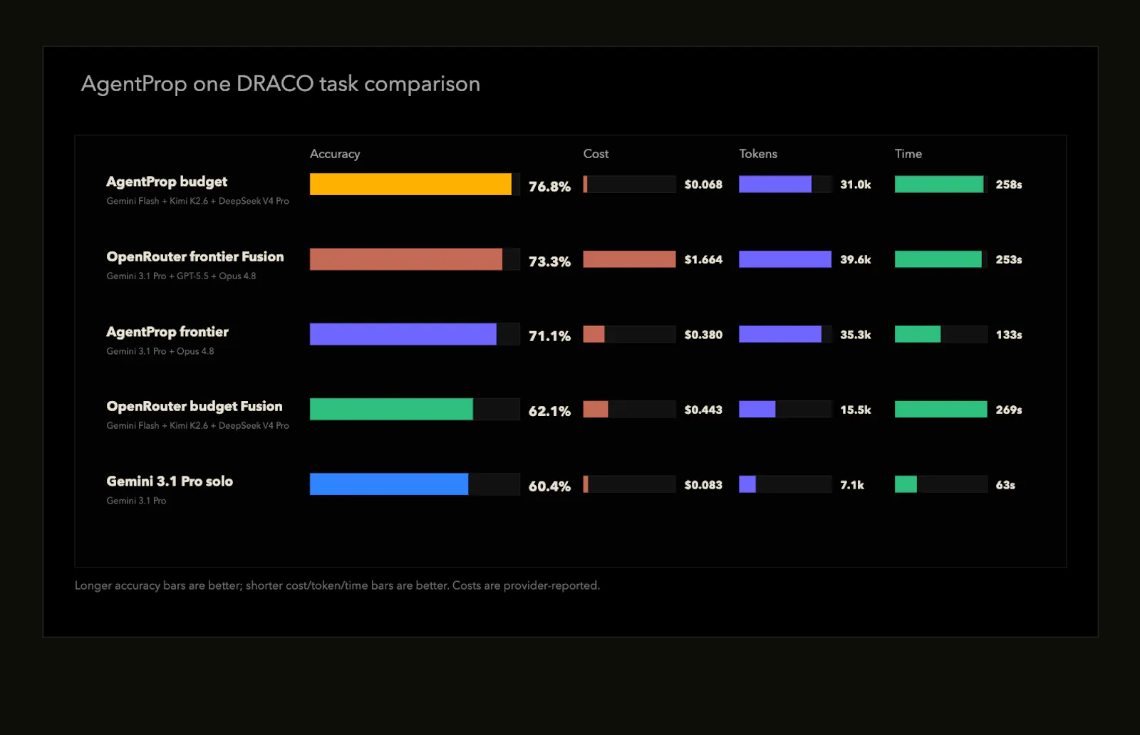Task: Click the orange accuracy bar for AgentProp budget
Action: [410, 184]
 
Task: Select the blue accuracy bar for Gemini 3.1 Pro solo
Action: [389, 484]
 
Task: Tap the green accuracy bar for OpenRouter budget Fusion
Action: [391, 410]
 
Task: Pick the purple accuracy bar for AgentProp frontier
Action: [403, 334]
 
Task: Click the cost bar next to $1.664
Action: [630, 259]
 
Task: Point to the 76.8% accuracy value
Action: [549, 187]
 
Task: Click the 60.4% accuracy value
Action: [549, 486]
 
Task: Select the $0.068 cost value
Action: [703, 184]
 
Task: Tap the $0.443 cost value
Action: [703, 410]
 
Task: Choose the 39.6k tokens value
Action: [856, 260]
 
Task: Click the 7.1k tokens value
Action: [852, 485]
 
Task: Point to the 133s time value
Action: [1009, 335]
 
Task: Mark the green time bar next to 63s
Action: [906, 484]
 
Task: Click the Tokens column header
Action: [758, 154]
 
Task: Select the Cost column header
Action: [596, 154]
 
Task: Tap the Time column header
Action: [908, 154]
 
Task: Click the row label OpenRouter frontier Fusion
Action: [195, 257]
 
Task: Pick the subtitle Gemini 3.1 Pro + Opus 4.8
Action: [160, 351]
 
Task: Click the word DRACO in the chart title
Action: [275, 84]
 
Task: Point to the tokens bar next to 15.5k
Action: [757, 410]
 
